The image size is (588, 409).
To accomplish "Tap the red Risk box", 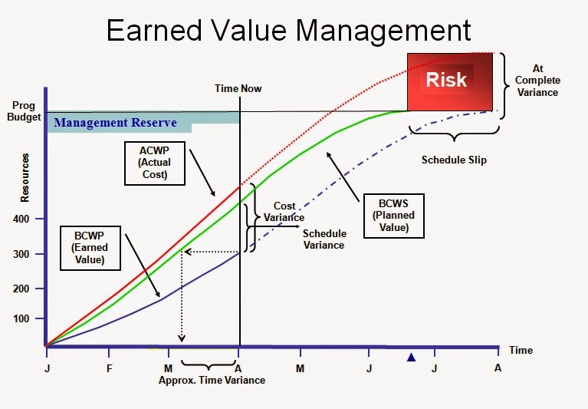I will [x=446, y=81].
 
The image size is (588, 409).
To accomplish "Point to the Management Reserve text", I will [x=115, y=123].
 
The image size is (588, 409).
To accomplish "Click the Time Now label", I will [x=238, y=88].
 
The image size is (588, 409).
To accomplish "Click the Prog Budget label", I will [x=28, y=112].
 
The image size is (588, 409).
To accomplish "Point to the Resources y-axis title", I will [x=25, y=177].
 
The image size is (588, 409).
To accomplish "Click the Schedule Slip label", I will [x=454, y=161].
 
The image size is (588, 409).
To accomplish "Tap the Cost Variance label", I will [x=284, y=212].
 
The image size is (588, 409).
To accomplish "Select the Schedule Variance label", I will [x=324, y=239].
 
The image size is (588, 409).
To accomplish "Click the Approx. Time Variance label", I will [x=212, y=381].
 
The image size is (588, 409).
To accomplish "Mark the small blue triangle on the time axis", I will [x=412, y=357].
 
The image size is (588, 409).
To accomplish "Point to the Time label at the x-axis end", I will [x=521, y=351].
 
